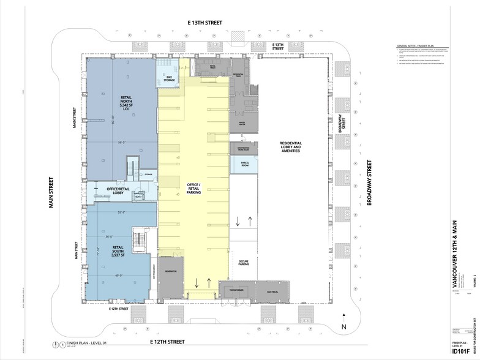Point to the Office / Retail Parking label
pyautogui.click(x=195, y=188)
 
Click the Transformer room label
pyautogui.click(x=236, y=290)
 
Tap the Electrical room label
pyautogui.click(x=273, y=292)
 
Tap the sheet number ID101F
pyautogui.click(x=463, y=351)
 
